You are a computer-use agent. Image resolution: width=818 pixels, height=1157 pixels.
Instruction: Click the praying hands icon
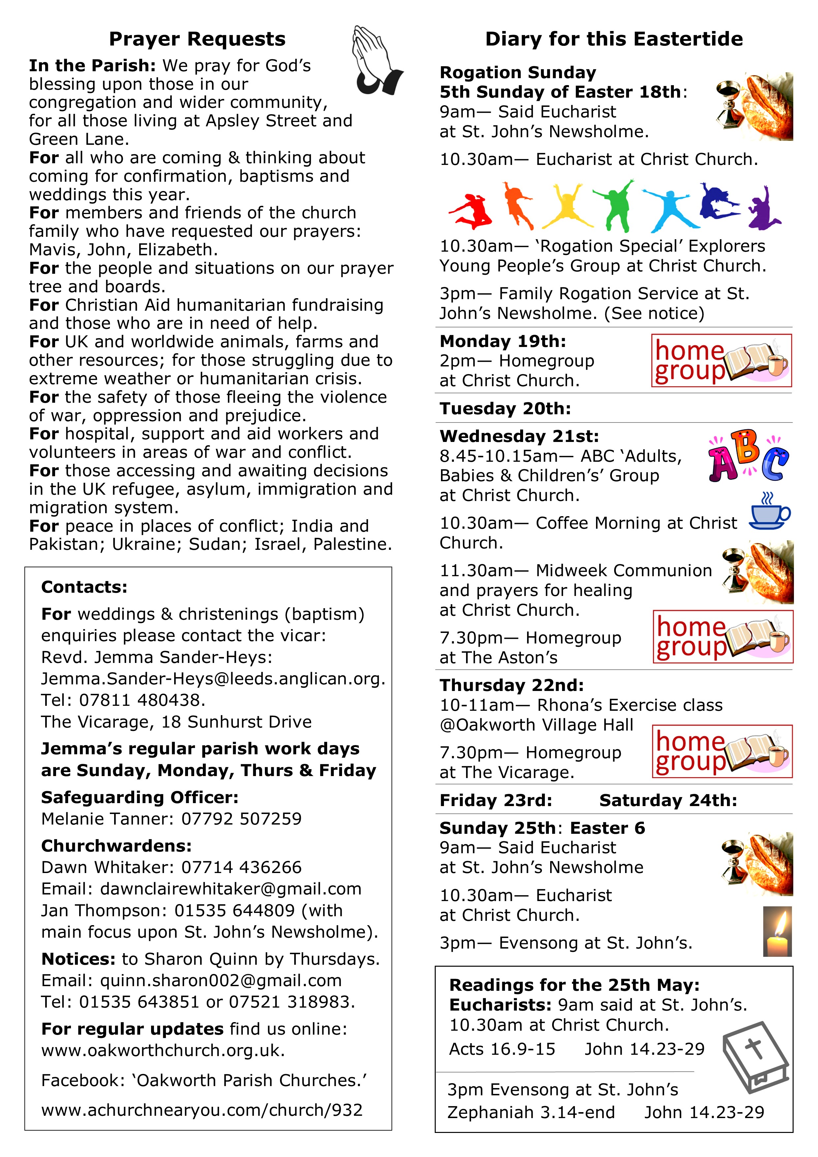[x=375, y=60]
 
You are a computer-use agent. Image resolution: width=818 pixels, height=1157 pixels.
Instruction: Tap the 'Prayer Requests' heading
[x=197, y=39]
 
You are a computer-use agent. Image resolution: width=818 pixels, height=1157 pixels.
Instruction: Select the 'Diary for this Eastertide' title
[x=613, y=39]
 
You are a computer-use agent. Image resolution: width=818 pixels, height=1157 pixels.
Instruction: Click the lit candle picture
[x=777, y=932]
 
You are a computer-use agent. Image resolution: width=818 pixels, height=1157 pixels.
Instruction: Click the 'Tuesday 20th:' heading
[x=505, y=409]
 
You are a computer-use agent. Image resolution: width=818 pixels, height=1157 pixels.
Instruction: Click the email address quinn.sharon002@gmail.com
[x=221, y=981]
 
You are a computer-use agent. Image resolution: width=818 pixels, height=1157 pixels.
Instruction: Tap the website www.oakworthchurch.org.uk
[x=163, y=1051]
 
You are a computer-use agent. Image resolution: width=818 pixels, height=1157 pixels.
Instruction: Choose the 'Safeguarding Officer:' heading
[x=140, y=798]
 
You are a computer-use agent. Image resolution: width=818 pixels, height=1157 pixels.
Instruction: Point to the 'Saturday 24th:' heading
[x=668, y=800]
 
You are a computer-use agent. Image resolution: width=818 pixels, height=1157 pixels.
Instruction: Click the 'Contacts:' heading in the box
[x=84, y=587]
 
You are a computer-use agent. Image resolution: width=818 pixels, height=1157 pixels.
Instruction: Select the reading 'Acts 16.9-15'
[x=502, y=1049]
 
